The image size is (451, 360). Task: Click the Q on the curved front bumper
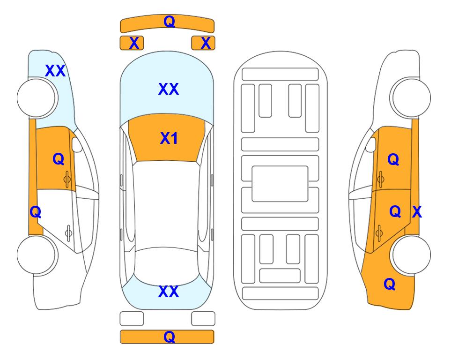169,21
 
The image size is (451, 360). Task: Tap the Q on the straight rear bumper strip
169,337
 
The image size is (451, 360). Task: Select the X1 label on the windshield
169,138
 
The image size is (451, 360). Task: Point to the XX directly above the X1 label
169,89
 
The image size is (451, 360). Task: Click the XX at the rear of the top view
169,292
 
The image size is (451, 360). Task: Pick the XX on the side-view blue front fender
55,71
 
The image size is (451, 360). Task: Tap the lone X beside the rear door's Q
417,212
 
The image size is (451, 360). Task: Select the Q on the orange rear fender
390,284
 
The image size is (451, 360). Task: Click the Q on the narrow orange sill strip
36,212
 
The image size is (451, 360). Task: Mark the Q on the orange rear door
395,212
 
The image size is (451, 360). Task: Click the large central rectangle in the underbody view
280,184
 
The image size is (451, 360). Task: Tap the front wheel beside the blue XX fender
37,98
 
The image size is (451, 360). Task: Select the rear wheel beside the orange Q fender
411,255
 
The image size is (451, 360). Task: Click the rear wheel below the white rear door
37,255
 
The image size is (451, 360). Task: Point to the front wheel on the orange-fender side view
411,98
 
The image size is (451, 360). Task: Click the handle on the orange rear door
379,233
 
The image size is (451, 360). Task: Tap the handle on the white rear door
68,233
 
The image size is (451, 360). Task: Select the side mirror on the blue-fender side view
76,144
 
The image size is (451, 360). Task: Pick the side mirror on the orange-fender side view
371,144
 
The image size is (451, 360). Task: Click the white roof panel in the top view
166,204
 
